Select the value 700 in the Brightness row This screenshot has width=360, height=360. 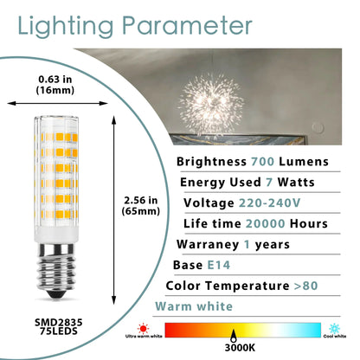click(267, 162)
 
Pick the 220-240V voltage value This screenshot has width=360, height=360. click(269, 203)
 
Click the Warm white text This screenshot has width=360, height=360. click(193, 306)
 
